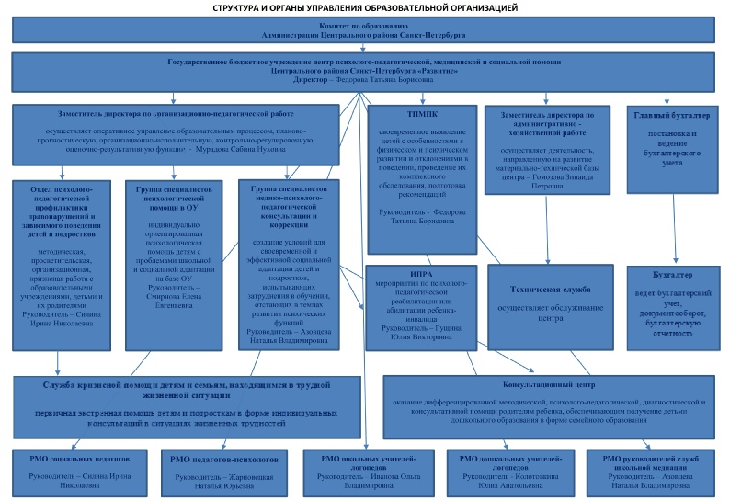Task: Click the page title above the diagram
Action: (365, 7)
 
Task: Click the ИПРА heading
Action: (423, 274)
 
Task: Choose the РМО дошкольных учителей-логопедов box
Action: (510, 469)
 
